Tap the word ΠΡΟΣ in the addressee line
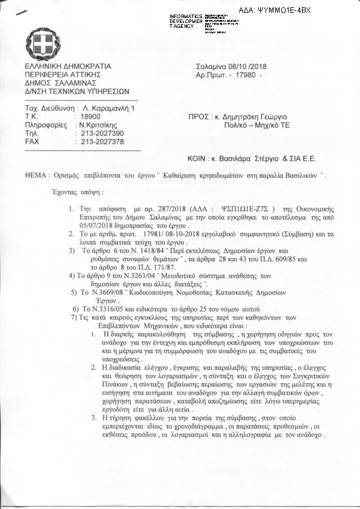[x=201, y=116]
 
